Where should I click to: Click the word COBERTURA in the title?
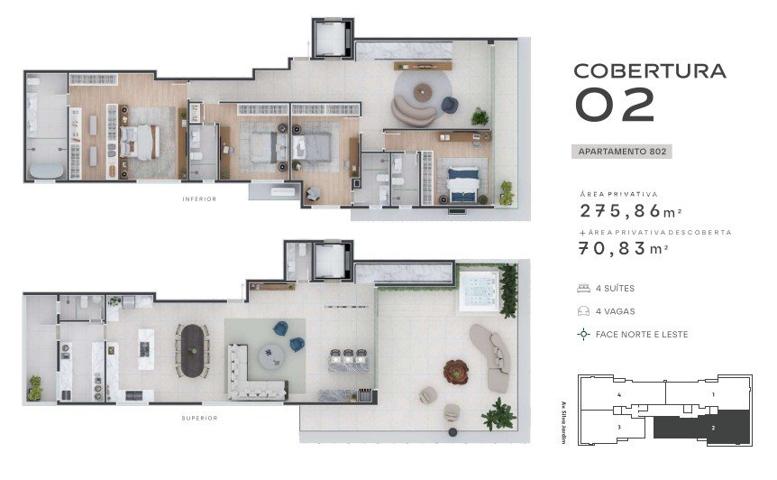pyautogui.click(x=650, y=71)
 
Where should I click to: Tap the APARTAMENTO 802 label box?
pyautogui.click(x=622, y=152)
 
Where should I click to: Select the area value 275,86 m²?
pyautogui.click(x=631, y=211)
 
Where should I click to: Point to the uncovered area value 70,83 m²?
pyautogui.click(x=624, y=248)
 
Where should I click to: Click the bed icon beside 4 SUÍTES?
pyautogui.click(x=584, y=288)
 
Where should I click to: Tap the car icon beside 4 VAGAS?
pyautogui.click(x=584, y=311)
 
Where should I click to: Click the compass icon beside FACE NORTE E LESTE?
pyautogui.click(x=584, y=334)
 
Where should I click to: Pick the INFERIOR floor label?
pyautogui.click(x=199, y=199)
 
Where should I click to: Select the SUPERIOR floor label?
pyautogui.click(x=199, y=419)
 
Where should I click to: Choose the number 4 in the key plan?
pyautogui.click(x=619, y=395)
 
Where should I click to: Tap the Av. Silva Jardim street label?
pyautogui.click(x=564, y=422)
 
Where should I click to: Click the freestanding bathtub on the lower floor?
pyautogui.click(x=47, y=171)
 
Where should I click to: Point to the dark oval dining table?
pyautogui.click(x=193, y=351)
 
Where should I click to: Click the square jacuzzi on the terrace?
pyautogui.click(x=479, y=291)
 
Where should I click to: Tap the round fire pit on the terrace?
pyautogui.click(x=456, y=372)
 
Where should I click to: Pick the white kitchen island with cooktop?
pyautogui.click(x=146, y=349)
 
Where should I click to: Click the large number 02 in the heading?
pyautogui.click(x=615, y=105)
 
